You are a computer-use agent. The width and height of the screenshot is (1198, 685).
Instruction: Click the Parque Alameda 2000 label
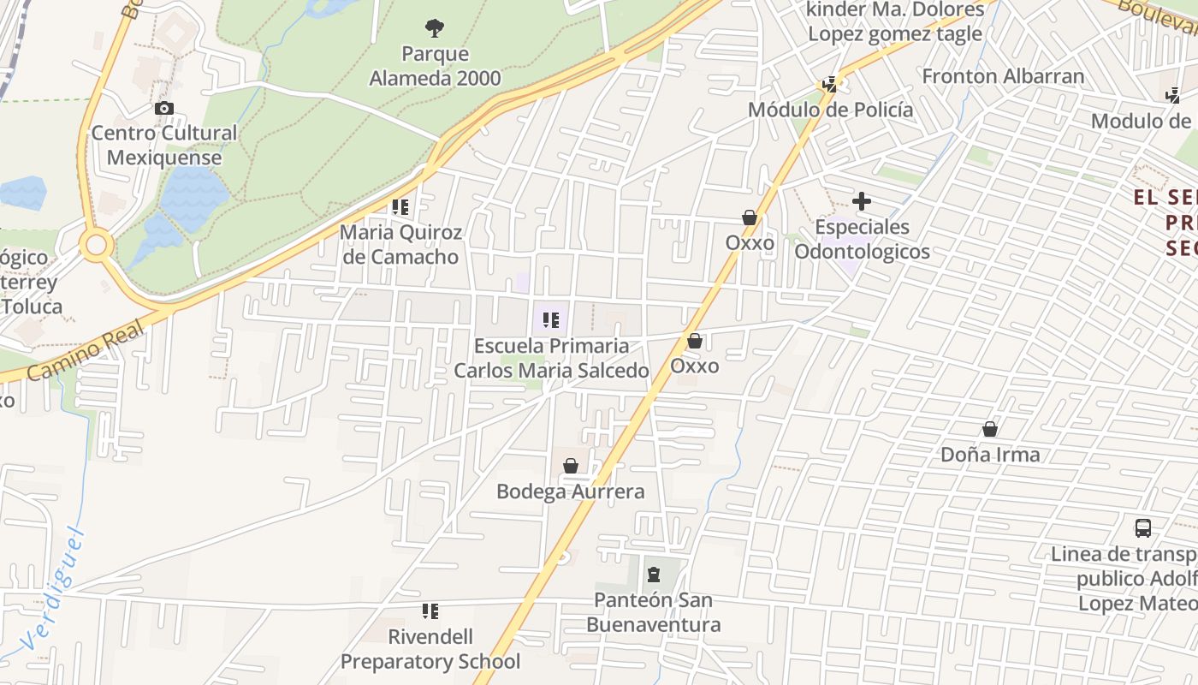click(x=435, y=66)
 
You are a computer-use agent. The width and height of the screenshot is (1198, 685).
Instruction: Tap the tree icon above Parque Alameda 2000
click(x=435, y=28)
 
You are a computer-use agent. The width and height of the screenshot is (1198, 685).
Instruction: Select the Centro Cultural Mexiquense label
click(x=164, y=145)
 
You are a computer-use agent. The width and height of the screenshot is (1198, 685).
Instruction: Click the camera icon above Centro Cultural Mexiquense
click(x=164, y=109)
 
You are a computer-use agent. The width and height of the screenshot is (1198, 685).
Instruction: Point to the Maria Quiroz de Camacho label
click(x=400, y=244)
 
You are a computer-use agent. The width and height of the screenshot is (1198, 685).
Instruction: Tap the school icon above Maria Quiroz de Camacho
click(x=400, y=207)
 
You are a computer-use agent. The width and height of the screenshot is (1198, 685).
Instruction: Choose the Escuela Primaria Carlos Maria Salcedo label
click(x=551, y=358)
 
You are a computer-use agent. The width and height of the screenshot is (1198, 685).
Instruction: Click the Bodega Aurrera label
click(x=571, y=491)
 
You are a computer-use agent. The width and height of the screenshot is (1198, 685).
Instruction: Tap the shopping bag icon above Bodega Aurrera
click(x=571, y=467)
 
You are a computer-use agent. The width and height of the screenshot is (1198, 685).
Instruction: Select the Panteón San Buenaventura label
click(x=654, y=611)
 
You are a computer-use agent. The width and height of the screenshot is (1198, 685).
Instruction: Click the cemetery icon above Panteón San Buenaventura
click(x=654, y=575)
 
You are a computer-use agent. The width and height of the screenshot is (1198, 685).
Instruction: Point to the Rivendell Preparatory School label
click(x=430, y=649)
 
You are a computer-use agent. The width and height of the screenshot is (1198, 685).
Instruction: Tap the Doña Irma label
click(x=990, y=455)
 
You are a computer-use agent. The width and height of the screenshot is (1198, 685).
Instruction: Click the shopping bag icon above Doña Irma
click(x=990, y=429)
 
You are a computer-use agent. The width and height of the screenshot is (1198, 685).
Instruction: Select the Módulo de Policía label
click(x=830, y=110)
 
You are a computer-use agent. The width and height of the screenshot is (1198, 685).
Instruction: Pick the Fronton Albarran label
click(x=1003, y=76)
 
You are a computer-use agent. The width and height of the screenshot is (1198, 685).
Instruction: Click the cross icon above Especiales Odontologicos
click(x=862, y=202)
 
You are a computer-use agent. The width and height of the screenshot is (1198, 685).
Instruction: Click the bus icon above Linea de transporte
click(x=1142, y=527)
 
